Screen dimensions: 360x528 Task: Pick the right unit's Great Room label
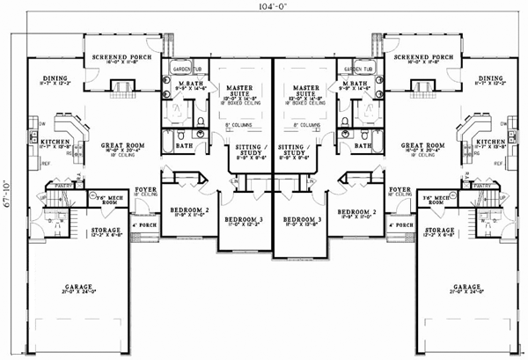click(x=420, y=145)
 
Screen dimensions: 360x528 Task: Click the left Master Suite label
click(x=240, y=90)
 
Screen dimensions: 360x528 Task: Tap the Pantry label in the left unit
click(x=63, y=185)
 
